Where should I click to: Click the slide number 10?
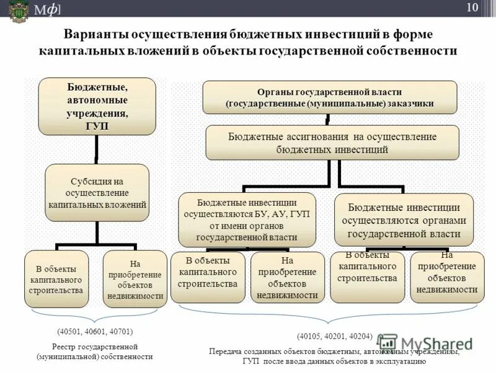pyautogui.click(x=472, y=7)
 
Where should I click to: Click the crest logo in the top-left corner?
pyautogui.click(x=18, y=10)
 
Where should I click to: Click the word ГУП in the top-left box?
pyautogui.click(x=97, y=126)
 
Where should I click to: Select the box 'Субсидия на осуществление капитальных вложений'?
pyautogui.click(x=97, y=192)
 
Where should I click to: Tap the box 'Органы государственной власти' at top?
pyautogui.click(x=330, y=97)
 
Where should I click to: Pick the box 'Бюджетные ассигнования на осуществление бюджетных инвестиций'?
pyautogui.click(x=332, y=143)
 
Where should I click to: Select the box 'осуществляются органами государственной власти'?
pyautogui.click(x=404, y=219)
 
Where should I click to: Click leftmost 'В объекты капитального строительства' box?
pyautogui.click(x=56, y=279)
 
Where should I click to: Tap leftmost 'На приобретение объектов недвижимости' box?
pyautogui.click(x=134, y=279)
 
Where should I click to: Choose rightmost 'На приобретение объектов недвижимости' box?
pyautogui.click(x=447, y=277)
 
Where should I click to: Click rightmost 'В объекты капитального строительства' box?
pyautogui.click(x=368, y=277)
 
